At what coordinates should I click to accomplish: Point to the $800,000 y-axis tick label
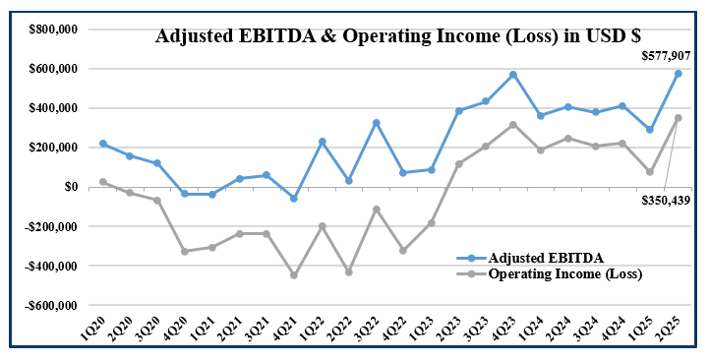pos(53,30)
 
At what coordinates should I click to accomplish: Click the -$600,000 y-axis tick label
pos(51,305)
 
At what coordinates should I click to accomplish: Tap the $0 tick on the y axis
pos(71,187)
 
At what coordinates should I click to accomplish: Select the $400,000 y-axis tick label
pos(53,108)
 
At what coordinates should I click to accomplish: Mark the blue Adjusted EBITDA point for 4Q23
pos(541,75)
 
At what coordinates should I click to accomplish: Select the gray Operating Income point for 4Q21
pos(294,275)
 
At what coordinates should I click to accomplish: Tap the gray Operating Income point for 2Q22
pos(349,271)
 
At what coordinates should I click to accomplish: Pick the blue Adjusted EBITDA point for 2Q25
pos(679,74)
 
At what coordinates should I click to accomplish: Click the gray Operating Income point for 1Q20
pos(103,182)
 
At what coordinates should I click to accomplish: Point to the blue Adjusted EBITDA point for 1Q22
pos(322,142)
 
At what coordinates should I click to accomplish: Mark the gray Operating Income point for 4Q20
pos(185,252)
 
